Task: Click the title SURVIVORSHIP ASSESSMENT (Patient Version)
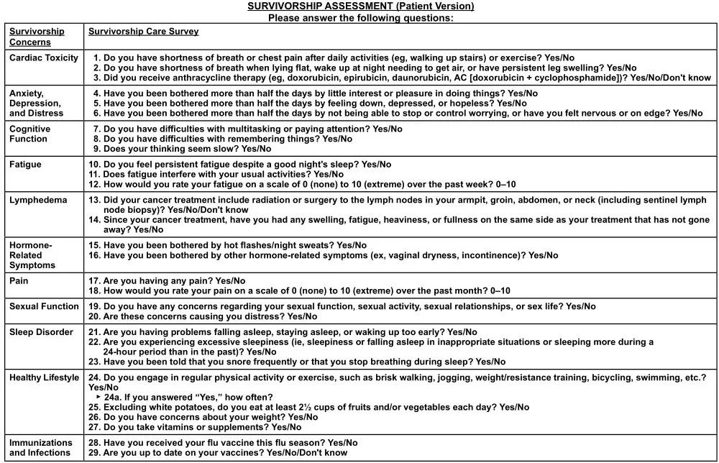[360, 6]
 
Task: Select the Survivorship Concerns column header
[37, 37]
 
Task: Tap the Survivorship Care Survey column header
[144, 32]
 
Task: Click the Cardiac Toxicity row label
[44, 58]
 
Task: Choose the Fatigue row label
[26, 165]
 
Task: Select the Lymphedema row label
[38, 201]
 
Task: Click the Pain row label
[19, 280]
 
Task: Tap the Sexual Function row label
[44, 306]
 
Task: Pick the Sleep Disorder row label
[41, 332]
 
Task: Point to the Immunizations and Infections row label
[41, 448]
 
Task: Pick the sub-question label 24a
[112, 397]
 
